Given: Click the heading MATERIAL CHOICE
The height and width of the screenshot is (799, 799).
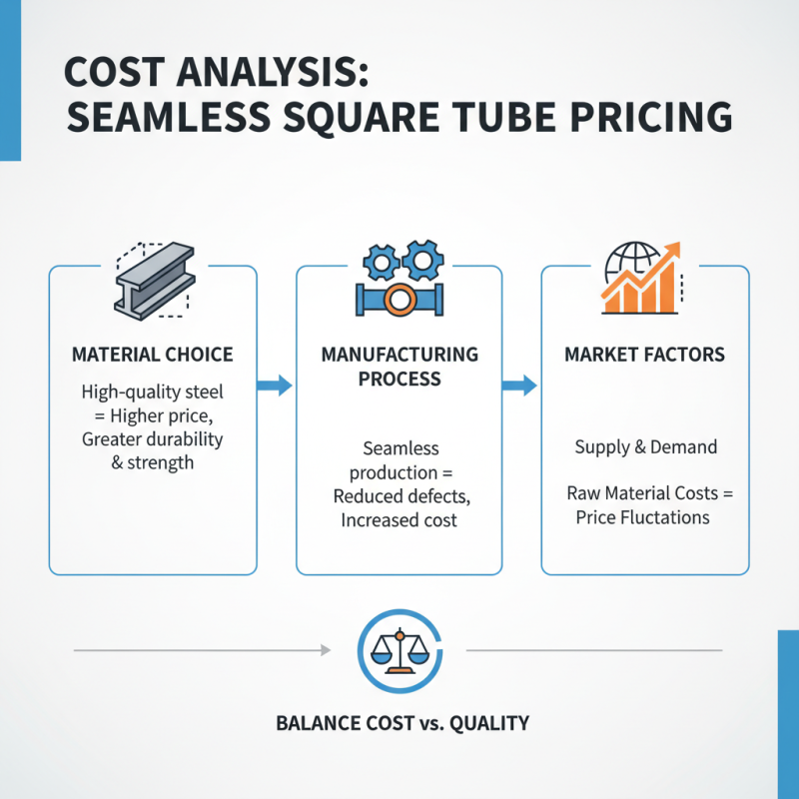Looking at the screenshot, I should tap(153, 355).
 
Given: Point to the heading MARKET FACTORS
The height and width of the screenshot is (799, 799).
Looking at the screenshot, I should tap(644, 355).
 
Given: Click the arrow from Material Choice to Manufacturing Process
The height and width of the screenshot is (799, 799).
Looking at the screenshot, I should tap(276, 386).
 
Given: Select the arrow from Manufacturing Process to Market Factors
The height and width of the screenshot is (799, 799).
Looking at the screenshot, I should tap(519, 386).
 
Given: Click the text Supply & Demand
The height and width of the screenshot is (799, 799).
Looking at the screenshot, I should tap(645, 446).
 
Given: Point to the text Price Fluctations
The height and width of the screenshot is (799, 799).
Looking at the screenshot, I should tap(643, 517).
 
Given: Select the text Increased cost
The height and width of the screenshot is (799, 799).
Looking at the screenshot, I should tap(398, 520).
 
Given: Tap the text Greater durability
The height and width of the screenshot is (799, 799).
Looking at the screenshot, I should tap(153, 438).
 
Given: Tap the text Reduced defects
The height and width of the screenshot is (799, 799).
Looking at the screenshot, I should tap(399, 496).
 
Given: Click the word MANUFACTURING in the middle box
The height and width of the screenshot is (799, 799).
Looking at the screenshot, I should tap(399, 355).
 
